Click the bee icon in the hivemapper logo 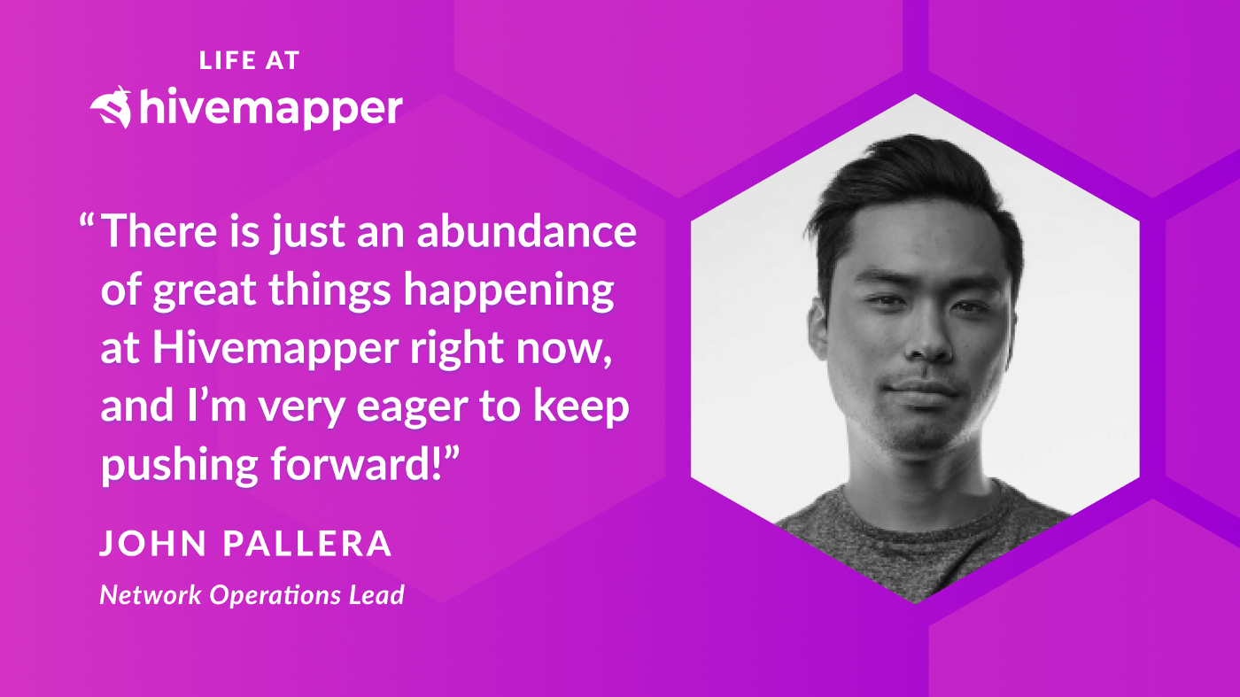tap(112, 107)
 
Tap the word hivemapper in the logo tap(271, 107)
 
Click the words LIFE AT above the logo tap(249, 60)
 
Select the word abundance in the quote tap(526, 231)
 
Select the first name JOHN tap(153, 543)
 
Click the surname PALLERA tap(307, 543)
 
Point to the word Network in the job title tap(150, 594)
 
